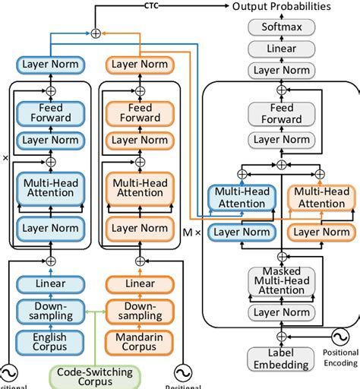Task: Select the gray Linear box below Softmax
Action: point(282,49)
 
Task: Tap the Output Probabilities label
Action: point(281,7)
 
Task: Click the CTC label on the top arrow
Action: point(152,6)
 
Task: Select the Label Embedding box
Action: point(280,359)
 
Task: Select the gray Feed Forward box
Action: point(282,113)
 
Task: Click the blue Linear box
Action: point(49,283)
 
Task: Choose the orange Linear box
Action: point(140,283)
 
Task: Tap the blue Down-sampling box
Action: point(49,310)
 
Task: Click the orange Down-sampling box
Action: point(140,310)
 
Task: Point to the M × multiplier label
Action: point(193,233)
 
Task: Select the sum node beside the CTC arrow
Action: point(96,33)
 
